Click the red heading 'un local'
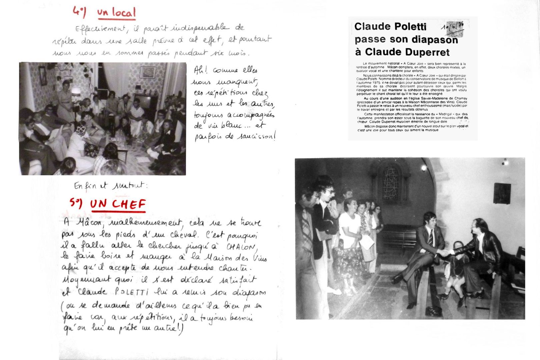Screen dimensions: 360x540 tap(117, 13)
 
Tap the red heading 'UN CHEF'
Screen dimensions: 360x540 tap(118, 204)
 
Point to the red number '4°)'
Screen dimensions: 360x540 tap(79, 12)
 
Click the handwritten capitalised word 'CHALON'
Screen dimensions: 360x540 tap(241, 247)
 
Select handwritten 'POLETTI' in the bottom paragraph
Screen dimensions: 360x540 tap(131, 292)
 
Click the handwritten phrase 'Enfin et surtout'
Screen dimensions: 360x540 tap(110, 185)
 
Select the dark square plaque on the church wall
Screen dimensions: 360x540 tap(502, 193)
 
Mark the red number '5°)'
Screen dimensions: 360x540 tap(76, 202)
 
